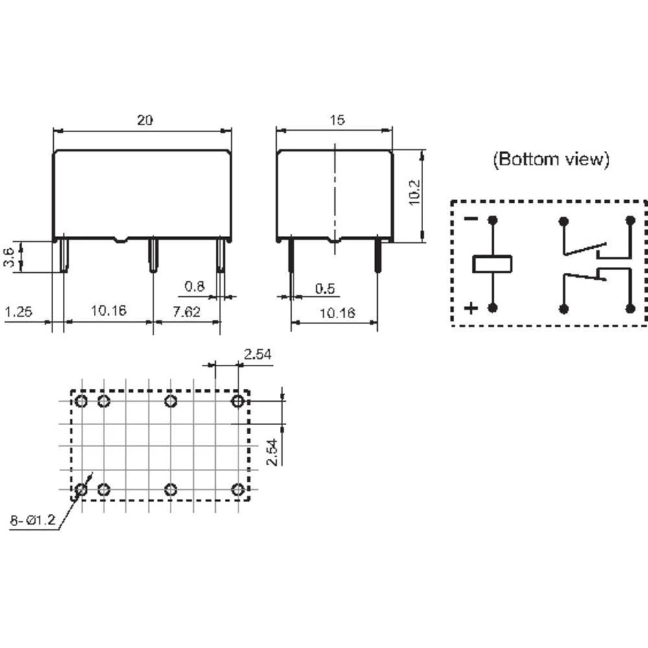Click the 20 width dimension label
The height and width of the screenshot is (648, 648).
click(x=145, y=120)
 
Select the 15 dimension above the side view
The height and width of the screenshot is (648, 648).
click(x=337, y=120)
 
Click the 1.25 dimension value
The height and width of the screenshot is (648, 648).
click(x=19, y=312)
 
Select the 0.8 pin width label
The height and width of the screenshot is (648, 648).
click(x=196, y=286)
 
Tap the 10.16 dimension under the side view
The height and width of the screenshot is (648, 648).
click(x=338, y=313)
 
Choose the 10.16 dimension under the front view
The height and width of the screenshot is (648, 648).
click(x=108, y=312)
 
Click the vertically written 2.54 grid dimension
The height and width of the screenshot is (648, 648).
click(x=273, y=452)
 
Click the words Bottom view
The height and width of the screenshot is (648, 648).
click(x=551, y=159)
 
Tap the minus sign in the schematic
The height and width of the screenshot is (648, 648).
click(x=471, y=219)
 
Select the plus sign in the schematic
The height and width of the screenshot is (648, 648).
click(x=471, y=308)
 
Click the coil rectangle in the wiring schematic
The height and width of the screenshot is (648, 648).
click(x=492, y=264)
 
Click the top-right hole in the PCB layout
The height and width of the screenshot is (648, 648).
click(x=238, y=401)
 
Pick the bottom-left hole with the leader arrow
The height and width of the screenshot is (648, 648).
click(x=81, y=489)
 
